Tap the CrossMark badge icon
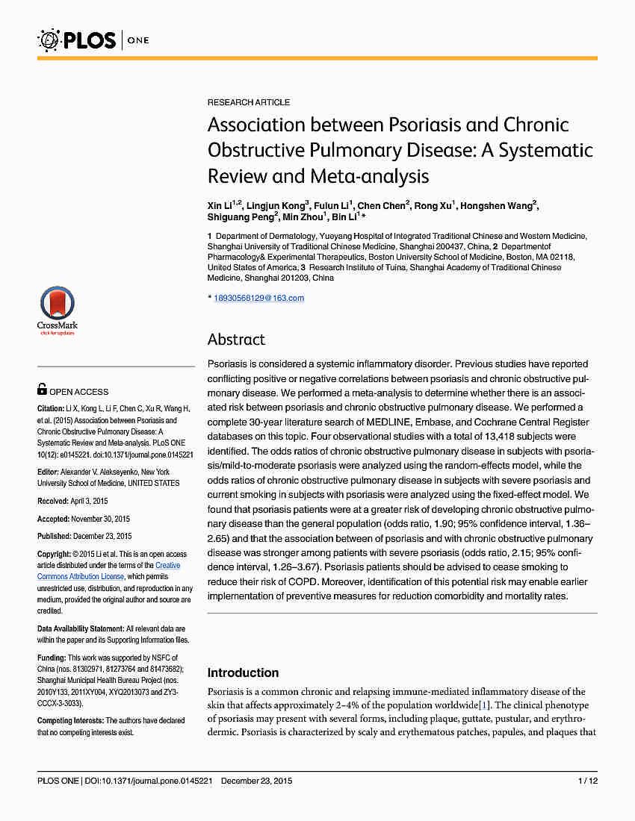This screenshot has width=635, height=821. point(57,308)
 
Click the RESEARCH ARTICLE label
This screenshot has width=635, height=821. point(248,102)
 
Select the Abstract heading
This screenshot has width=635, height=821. point(236,340)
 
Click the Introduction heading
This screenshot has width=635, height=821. point(243,672)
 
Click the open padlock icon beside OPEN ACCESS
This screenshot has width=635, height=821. point(42,389)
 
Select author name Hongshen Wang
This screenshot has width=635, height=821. point(498,206)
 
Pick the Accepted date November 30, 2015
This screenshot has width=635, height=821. point(102,519)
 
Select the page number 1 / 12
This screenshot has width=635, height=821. point(588,781)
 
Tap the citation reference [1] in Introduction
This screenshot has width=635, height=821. point(484,705)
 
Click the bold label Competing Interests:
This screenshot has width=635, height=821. point(70,720)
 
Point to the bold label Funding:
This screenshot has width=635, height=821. point(52,658)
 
